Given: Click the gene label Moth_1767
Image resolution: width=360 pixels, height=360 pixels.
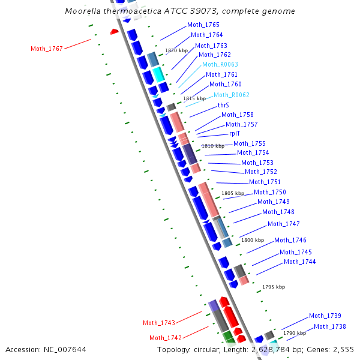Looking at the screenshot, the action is (x=47, y=49).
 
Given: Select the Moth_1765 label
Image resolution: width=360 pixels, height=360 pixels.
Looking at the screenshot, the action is (x=203, y=25).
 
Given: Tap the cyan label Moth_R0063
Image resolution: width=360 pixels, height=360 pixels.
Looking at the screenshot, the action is (x=220, y=64).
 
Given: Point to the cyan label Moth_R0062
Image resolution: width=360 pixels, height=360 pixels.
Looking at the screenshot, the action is (x=232, y=95).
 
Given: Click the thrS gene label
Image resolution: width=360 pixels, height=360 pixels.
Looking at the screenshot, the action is (x=223, y=105).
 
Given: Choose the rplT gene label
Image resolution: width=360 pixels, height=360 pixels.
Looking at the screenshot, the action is (x=235, y=134).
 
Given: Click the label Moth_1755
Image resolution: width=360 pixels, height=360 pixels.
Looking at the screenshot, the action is (x=249, y=143).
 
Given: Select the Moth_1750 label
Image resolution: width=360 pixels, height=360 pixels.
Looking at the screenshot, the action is (x=269, y=192).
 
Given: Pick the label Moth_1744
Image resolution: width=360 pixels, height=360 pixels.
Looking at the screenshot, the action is (x=299, y=262).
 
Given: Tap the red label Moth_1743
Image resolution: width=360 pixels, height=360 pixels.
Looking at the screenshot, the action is (x=158, y=323).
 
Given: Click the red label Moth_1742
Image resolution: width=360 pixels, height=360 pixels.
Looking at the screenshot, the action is (x=165, y=338).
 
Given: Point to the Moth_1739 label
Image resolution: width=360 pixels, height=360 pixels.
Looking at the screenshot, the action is (x=325, y=316).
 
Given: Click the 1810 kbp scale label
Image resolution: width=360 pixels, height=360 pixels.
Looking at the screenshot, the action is (x=212, y=146).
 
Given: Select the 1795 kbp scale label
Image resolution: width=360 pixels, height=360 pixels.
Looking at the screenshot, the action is (x=274, y=287).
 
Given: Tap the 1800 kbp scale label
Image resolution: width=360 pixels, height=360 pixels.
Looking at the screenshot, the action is (x=252, y=240).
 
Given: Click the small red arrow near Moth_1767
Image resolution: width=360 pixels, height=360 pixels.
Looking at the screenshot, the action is (x=114, y=31).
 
